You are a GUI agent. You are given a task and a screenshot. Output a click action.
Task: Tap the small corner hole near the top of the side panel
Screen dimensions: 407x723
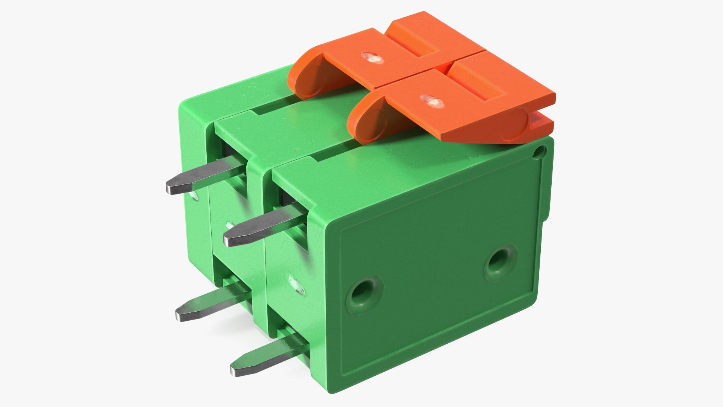click(x=541, y=152)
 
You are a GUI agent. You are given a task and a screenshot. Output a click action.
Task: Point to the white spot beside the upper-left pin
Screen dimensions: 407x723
click(x=195, y=196)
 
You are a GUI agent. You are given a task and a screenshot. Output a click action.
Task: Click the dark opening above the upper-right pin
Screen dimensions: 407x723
click(x=288, y=202)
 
